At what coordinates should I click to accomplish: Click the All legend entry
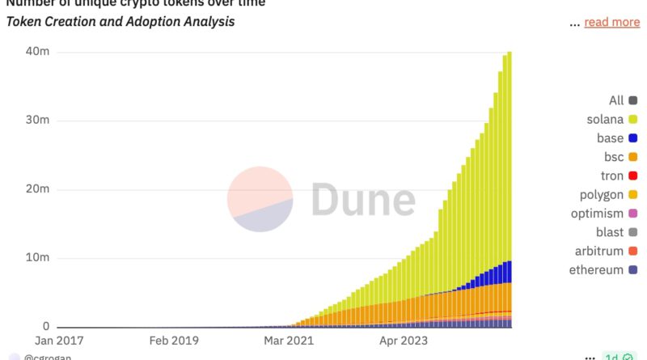(623, 101)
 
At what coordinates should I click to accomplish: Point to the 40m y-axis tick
(38, 52)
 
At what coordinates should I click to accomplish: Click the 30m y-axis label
(38, 121)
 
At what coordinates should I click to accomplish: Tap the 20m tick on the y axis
(38, 189)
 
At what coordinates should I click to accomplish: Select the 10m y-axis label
(38, 258)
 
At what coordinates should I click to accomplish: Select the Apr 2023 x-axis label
(402, 341)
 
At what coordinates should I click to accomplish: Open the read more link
(611, 22)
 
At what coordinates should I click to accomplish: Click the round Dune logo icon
(260, 199)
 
